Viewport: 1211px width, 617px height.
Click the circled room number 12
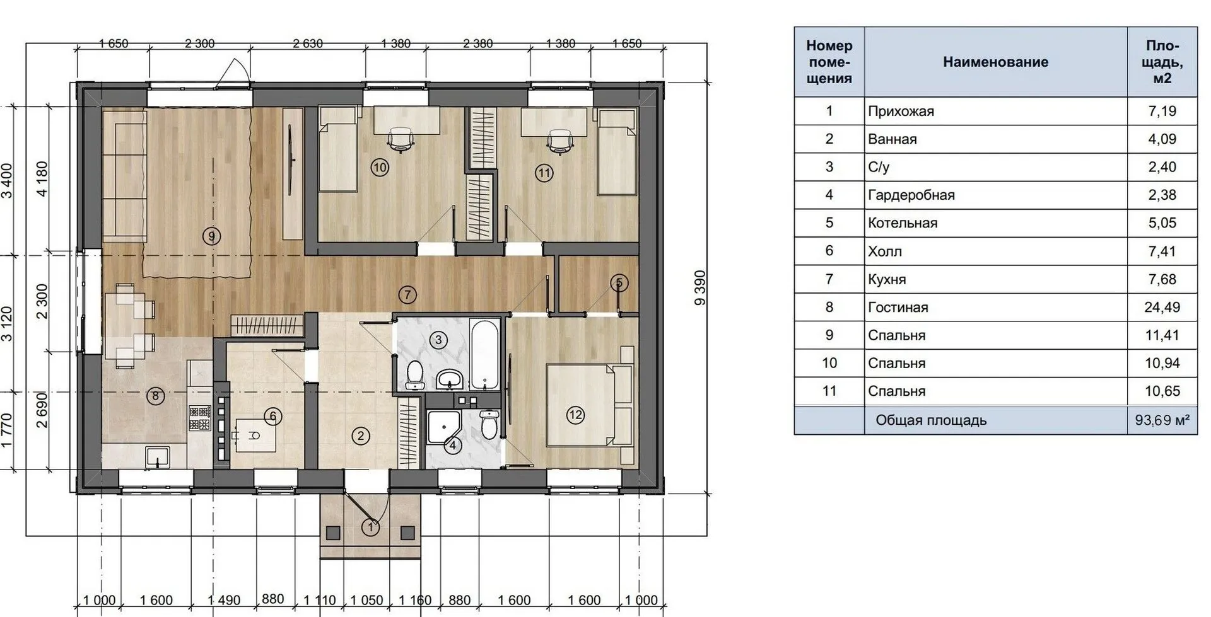pos(575,415)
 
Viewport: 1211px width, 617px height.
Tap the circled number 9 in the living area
pos(212,236)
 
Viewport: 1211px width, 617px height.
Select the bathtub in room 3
pos(485,355)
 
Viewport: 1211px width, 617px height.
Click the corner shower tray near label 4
pos(443,427)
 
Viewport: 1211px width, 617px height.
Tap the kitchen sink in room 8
pos(158,456)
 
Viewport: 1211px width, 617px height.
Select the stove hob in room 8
pos(199,417)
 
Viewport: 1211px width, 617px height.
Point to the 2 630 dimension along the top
pos(308,43)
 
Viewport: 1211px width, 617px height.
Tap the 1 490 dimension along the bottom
pos(224,600)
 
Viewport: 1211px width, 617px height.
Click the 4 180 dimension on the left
pos(42,179)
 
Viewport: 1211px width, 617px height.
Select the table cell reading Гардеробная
pos(911,195)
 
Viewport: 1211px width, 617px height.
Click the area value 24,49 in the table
pos(1162,307)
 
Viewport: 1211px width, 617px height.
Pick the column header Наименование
pos(995,62)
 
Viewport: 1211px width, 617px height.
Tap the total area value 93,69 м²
pos(1162,420)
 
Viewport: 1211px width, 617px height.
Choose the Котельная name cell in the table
pos(903,223)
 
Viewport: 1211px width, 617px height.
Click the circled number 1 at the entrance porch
pos(371,527)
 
